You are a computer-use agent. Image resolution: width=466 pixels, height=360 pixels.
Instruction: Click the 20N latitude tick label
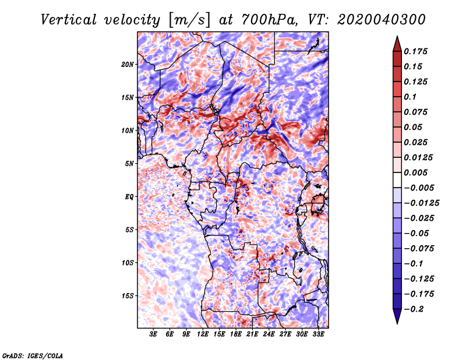[x=128, y=65]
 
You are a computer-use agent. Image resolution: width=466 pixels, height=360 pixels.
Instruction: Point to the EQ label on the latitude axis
[x=129, y=197]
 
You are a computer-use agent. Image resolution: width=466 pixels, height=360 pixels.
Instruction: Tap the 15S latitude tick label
[x=128, y=296]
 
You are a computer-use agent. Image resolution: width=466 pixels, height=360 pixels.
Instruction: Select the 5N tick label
[x=129, y=164]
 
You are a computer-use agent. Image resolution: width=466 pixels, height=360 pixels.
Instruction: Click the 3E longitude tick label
[x=153, y=334]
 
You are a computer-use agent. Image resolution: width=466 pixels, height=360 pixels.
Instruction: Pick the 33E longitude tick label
[x=318, y=334]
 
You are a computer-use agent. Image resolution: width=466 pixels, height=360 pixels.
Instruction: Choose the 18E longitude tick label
[x=236, y=334]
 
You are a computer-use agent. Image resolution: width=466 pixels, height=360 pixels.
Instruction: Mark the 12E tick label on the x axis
[x=203, y=334]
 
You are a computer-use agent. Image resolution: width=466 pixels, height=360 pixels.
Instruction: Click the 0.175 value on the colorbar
[x=415, y=51]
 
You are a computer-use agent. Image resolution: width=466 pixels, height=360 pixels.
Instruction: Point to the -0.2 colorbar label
[x=414, y=309]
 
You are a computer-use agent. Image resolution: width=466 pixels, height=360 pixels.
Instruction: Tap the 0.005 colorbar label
[x=415, y=172]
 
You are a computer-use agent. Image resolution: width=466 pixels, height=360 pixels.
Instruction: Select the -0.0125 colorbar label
[x=422, y=203]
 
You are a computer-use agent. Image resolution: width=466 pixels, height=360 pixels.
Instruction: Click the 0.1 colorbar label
[x=410, y=97]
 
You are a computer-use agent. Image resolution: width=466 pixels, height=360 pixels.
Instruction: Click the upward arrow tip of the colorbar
[x=397, y=36]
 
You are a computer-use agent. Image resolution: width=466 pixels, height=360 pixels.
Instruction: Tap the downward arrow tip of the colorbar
[x=397, y=324]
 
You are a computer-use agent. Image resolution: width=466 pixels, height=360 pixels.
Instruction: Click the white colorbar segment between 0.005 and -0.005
[x=397, y=180]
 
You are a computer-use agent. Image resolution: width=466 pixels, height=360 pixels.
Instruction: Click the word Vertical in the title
[x=69, y=20]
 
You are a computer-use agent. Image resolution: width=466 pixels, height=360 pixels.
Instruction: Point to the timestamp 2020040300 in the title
[x=382, y=20]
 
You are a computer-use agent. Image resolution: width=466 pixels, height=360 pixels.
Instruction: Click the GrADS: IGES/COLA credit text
[x=33, y=356]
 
